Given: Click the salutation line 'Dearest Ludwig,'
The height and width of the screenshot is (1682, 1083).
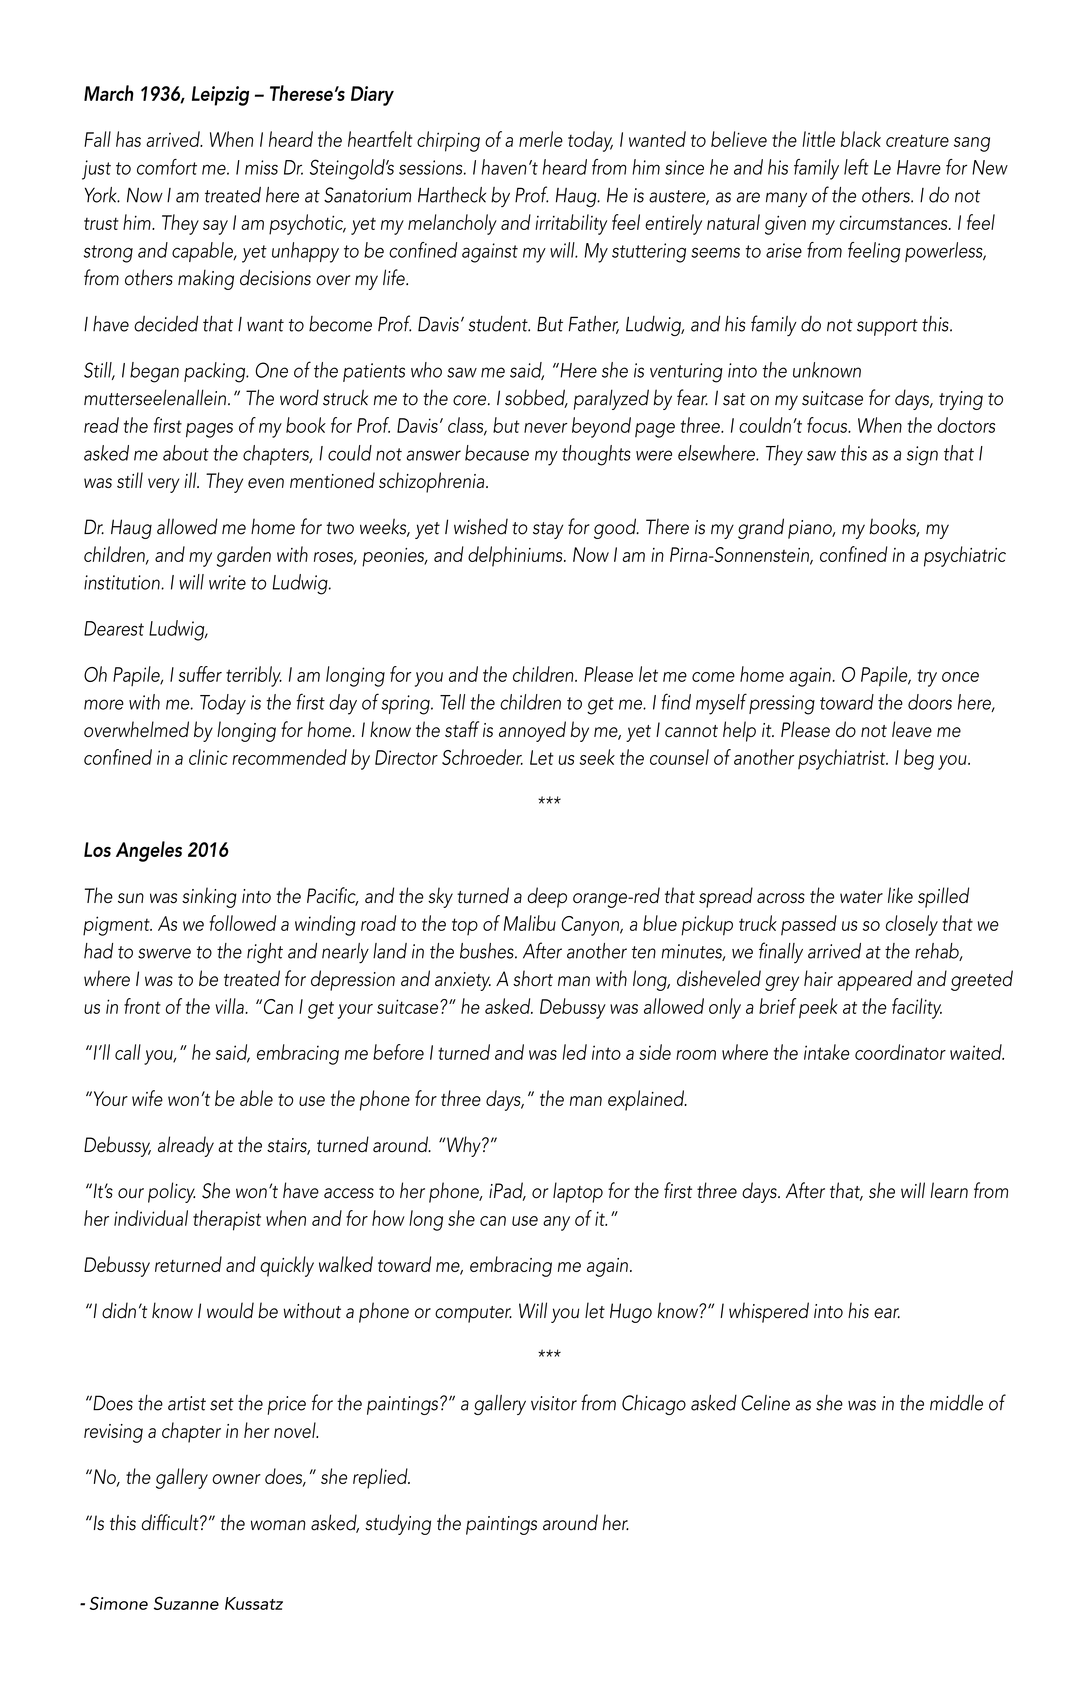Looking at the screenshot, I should (146, 630).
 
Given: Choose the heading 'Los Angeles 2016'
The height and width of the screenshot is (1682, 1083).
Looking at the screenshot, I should (156, 851).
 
